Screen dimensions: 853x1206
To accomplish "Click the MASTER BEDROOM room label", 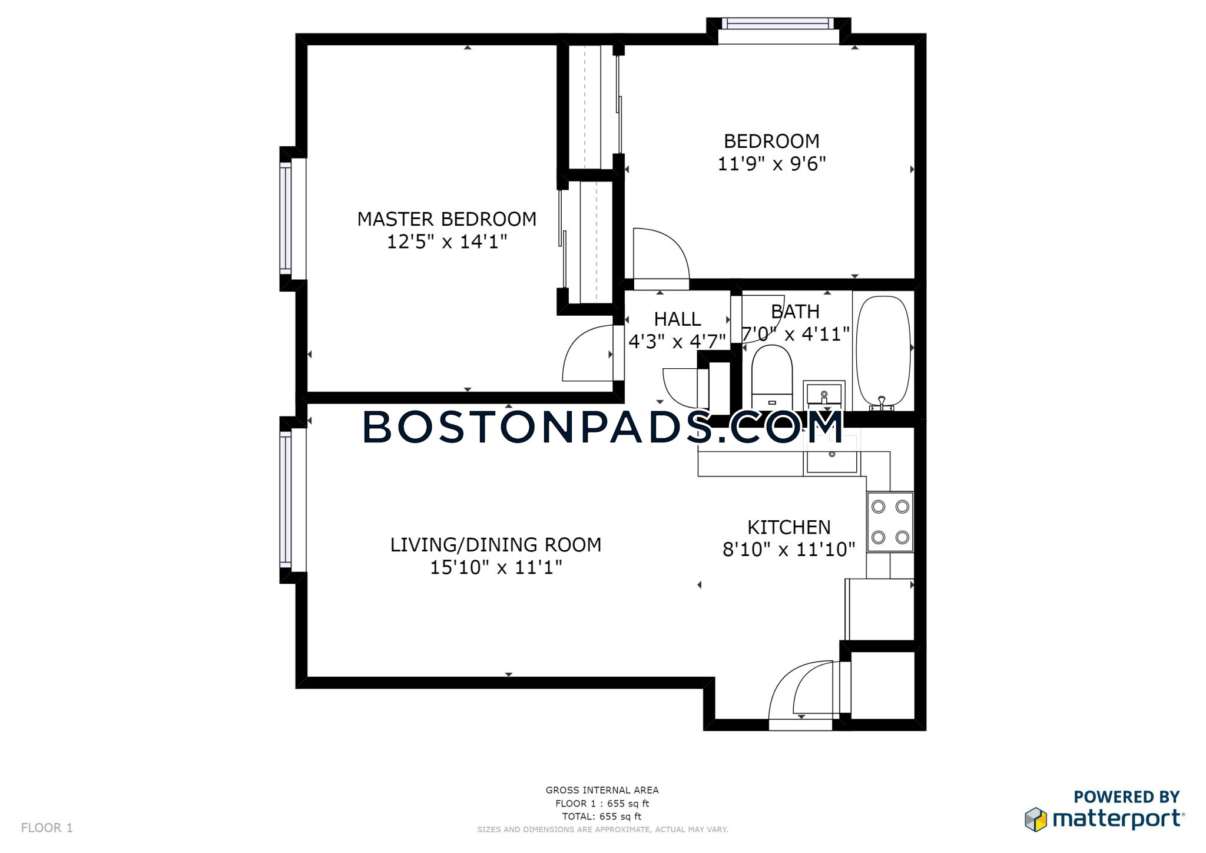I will [x=446, y=219].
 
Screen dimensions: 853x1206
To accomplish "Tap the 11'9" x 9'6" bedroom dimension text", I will [x=771, y=164].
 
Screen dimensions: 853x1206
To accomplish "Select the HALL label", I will [x=677, y=319].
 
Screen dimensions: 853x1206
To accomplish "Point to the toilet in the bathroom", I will [x=772, y=376].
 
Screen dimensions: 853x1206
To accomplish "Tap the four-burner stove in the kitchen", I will [x=890, y=522].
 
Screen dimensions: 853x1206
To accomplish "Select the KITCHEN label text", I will [x=788, y=527].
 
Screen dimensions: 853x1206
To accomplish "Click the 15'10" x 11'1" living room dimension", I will [x=496, y=567].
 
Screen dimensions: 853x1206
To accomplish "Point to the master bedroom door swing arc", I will [x=586, y=353].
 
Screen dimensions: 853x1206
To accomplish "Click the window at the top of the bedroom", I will [x=778, y=24].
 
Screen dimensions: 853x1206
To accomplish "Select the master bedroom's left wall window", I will [x=286, y=219].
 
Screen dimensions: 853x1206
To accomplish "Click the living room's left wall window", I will [x=286, y=500].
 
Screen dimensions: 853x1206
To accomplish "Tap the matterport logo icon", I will [x=1036, y=819].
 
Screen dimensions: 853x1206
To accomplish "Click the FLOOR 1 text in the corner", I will [x=47, y=828].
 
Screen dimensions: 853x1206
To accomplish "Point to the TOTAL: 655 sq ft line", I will [x=601, y=816].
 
